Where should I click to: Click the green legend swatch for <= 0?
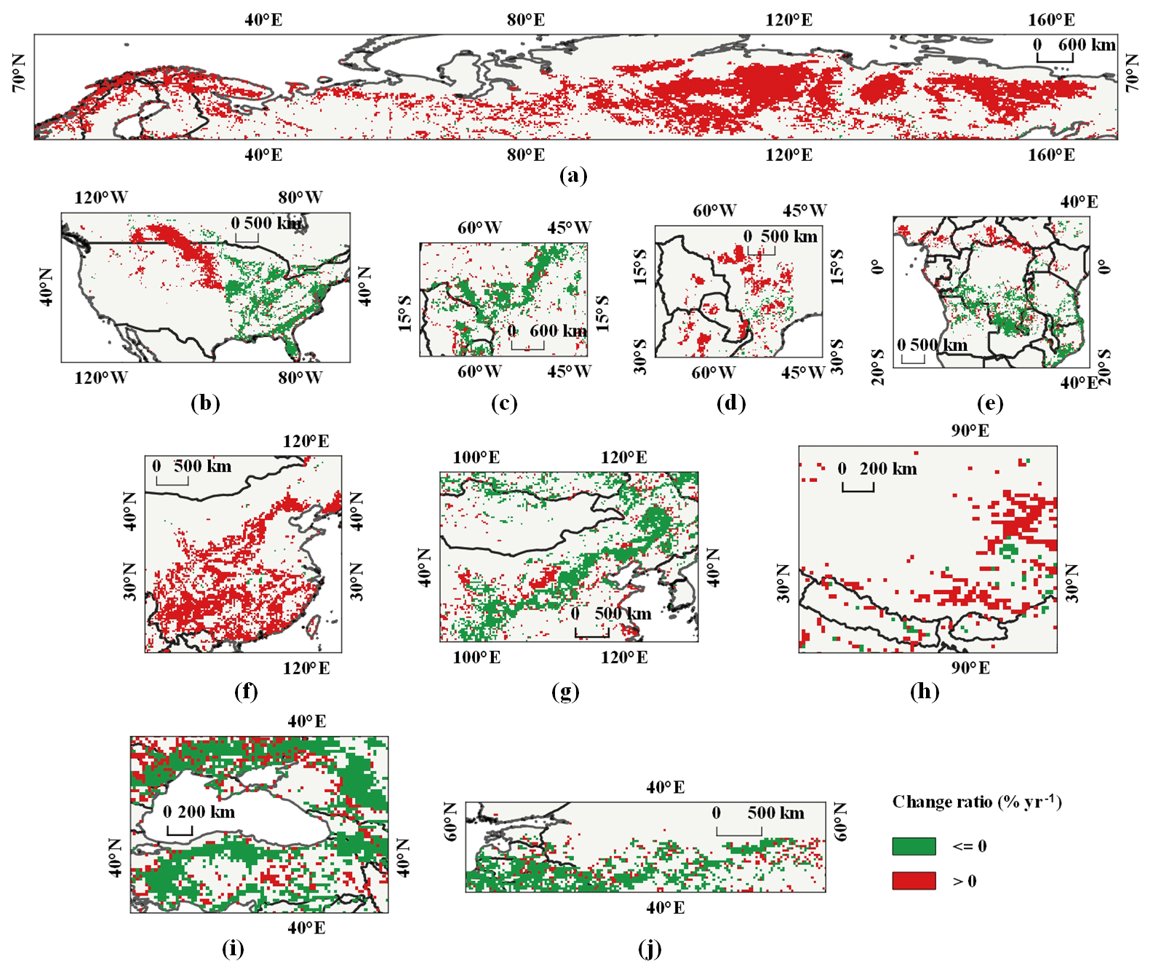[914, 846]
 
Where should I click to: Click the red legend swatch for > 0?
[914, 881]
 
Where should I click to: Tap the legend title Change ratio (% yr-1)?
[977, 802]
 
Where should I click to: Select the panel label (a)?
[573, 175]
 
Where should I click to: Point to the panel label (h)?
[925, 691]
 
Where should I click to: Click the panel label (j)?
[649, 949]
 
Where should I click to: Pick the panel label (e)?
[991, 403]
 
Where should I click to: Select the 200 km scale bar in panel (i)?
[180, 830]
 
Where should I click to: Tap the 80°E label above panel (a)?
[526, 20]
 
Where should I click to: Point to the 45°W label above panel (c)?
[570, 227]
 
